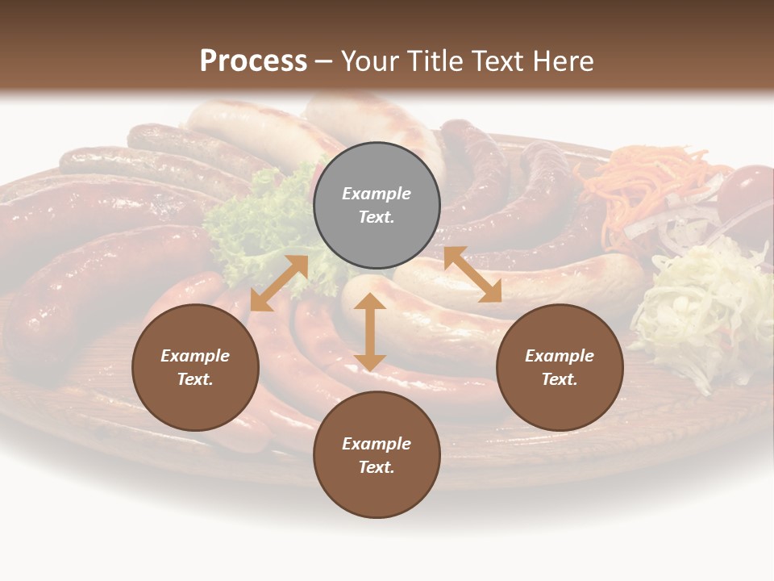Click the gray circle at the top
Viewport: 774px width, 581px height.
tap(377, 206)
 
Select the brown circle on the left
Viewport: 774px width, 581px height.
tap(195, 367)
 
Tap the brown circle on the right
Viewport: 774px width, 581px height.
tap(560, 367)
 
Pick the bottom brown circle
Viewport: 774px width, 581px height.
tap(377, 455)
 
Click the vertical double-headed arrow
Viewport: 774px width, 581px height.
tap(370, 332)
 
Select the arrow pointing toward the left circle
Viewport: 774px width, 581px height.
tap(279, 283)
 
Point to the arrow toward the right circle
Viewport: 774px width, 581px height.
tap(472, 274)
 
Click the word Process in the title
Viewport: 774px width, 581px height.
tap(253, 61)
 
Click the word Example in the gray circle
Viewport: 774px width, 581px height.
tap(377, 194)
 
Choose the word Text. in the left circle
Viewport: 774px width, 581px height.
tap(195, 379)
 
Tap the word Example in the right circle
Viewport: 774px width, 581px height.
tap(560, 356)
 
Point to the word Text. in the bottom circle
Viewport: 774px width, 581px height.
tap(377, 467)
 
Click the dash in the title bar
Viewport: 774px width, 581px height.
tap(324, 61)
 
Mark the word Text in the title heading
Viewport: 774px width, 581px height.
tap(500, 61)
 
